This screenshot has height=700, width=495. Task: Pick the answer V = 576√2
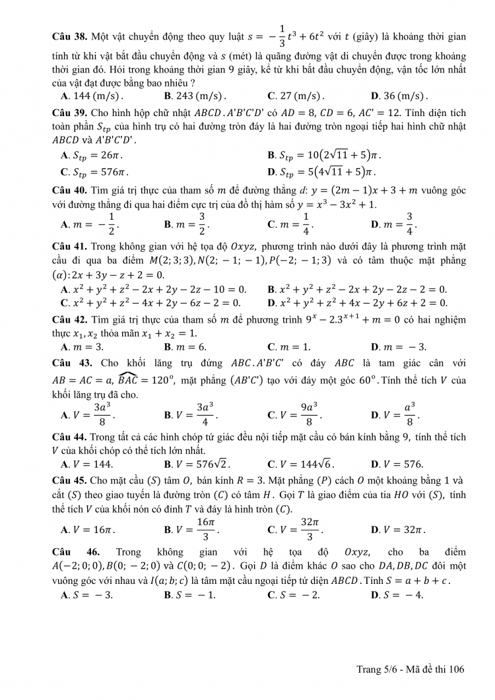pos(197,464)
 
